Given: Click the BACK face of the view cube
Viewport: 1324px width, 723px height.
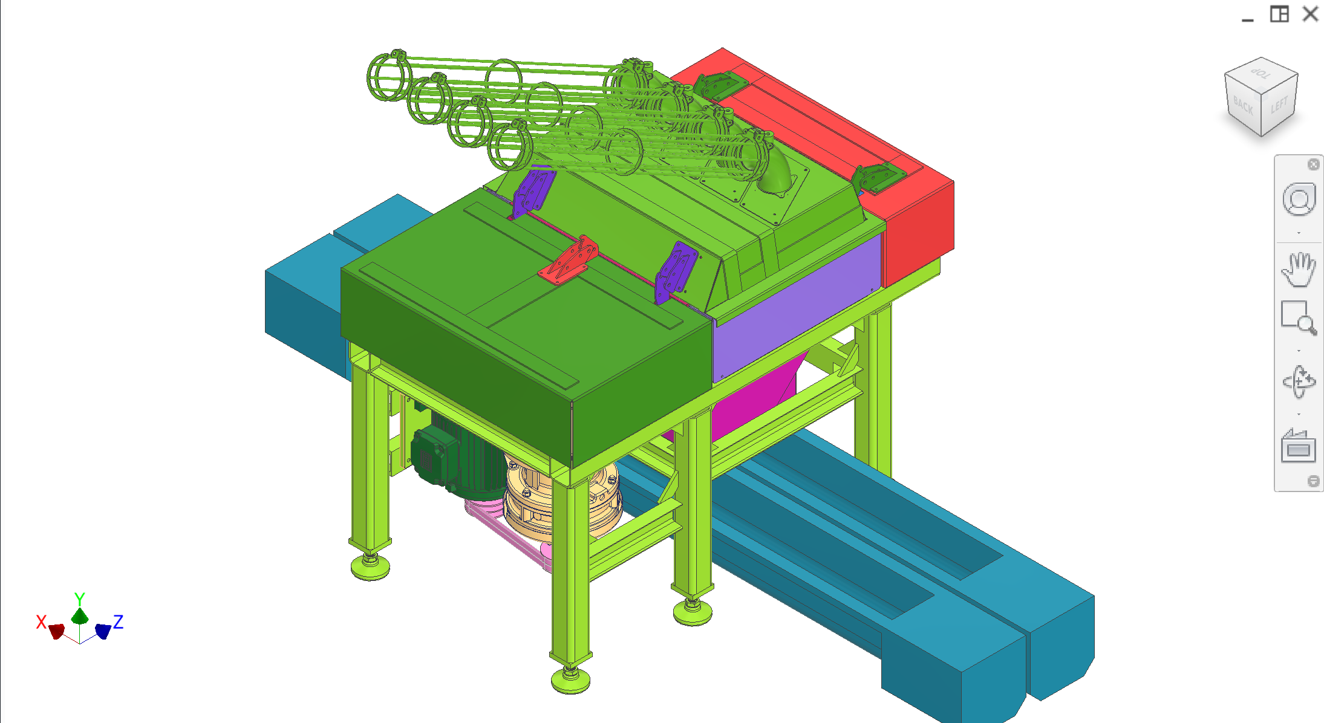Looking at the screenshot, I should point(1243,106).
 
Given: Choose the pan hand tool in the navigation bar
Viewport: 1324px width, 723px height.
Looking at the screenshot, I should point(1298,270).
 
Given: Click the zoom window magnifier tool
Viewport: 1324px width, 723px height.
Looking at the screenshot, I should point(1298,317).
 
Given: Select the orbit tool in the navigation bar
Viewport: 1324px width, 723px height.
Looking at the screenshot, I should point(1298,381).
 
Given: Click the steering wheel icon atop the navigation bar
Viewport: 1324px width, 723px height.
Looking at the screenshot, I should point(1298,199).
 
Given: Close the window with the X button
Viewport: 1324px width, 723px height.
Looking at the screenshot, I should point(1311,14).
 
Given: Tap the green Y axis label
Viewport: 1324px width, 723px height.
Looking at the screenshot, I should point(79,598).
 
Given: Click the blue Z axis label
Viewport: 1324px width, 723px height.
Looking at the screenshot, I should point(119,621).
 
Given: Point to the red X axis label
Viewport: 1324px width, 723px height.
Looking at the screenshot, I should point(41,621).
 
